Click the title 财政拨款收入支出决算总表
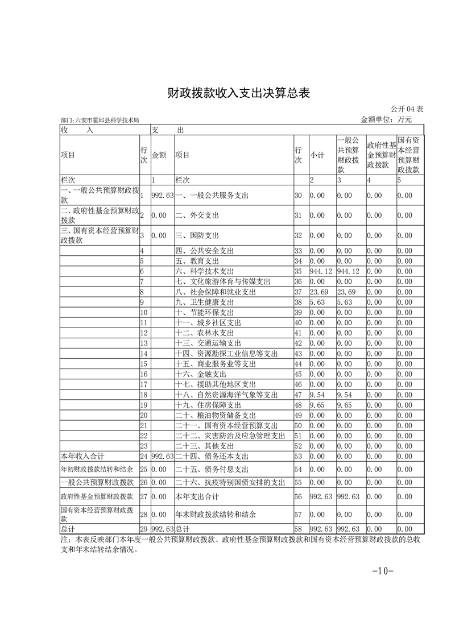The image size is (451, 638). click(x=238, y=93)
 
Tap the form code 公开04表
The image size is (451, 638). click(x=407, y=109)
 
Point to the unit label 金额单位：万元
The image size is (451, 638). click(x=386, y=119)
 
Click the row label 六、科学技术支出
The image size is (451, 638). click(x=205, y=272)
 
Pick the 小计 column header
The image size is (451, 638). click(x=317, y=154)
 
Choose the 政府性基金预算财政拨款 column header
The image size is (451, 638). click(x=381, y=154)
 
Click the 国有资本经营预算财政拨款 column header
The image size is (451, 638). click(x=409, y=154)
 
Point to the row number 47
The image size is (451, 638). click(x=298, y=395)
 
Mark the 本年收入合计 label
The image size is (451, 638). click(x=82, y=456)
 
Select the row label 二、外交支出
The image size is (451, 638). click(x=197, y=216)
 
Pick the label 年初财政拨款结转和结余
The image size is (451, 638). click(x=97, y=469)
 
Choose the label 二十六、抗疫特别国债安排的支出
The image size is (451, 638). click(x=230, y=482)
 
